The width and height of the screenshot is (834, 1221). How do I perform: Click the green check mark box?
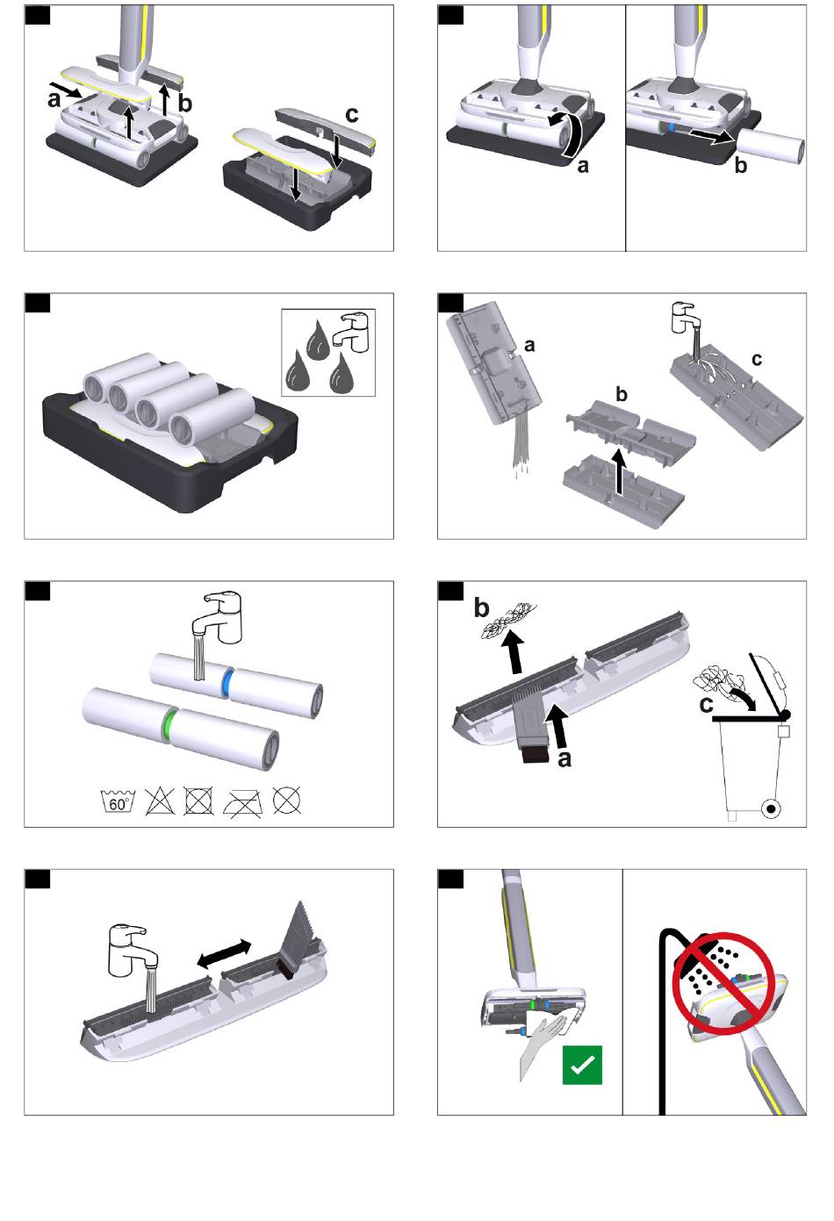[582, 1065]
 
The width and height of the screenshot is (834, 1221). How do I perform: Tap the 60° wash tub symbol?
[119, 801]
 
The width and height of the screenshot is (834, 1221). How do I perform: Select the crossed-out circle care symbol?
[287, 801]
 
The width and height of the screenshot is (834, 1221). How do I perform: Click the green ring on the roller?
[169, 725]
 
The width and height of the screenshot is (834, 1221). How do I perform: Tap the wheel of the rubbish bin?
[771, 809]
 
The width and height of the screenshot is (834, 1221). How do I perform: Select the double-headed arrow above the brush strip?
[224, 954]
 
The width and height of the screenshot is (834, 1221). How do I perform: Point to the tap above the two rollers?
[217, 618]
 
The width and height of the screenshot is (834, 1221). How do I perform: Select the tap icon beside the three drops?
[355, 332]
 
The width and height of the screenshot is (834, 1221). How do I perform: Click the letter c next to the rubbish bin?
[706, 705]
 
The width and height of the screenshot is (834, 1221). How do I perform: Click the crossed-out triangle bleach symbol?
[160, 801]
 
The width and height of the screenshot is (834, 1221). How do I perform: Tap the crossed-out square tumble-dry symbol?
[198, 801]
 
